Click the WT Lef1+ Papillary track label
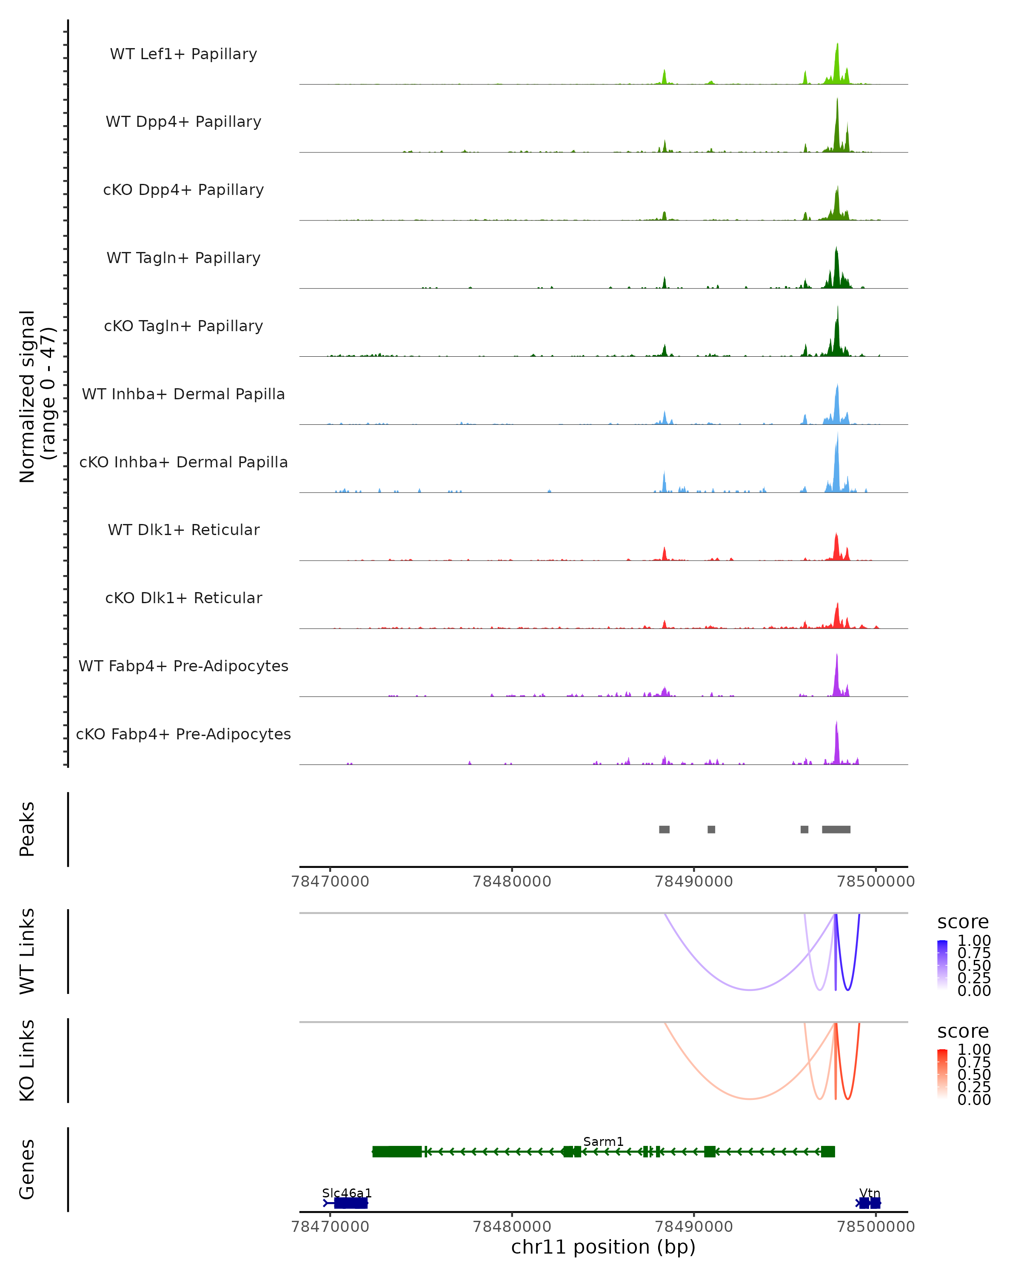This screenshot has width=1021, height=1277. click(x=183, y=54)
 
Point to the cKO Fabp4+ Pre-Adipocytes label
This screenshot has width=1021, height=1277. click(x=183, y=734)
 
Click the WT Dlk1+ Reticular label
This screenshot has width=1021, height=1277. click(x=183, y=530)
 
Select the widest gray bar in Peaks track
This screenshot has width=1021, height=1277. click(x=836, y=829)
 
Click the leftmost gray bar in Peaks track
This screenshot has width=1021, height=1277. click(x=664, y=829)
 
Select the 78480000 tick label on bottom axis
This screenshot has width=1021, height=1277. click(x=512, y=1227)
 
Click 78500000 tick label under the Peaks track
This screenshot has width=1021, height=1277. click(x=876, y=882)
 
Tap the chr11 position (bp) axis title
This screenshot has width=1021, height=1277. click(x=603, y=1247)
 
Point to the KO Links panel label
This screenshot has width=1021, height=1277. click(x=27, y=1061)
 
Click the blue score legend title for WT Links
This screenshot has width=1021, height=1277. click(x=962, y=922)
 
